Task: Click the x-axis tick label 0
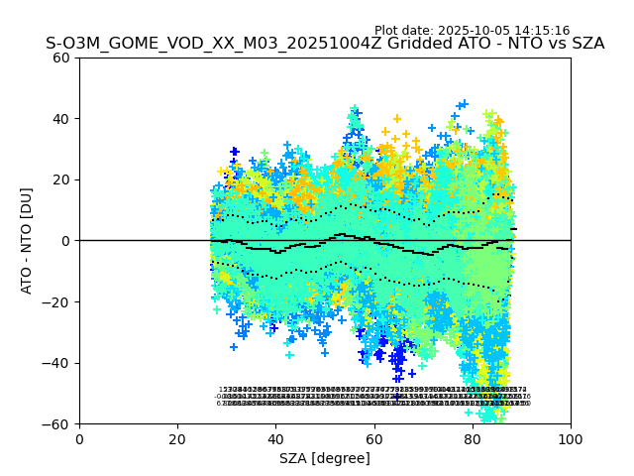(79, 439)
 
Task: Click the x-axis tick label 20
(177, 439)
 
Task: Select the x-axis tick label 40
(275, 439)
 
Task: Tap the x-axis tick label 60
(374, 439)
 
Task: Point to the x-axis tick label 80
(473, 439)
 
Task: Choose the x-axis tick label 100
(571, 439)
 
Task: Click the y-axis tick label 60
(61, 58)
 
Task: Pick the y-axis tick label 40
(61, 119)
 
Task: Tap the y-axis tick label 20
(61, 179)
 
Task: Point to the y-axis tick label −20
(57, 302)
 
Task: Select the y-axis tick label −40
(57, 363)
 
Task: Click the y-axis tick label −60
(57, 424)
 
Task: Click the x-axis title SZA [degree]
(325, 458)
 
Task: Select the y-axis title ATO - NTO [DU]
(27, 241)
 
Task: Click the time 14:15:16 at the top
(542, 31)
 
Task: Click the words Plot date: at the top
(404, 31)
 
